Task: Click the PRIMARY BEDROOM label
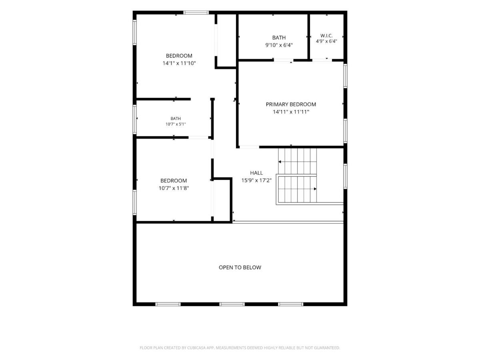pos(291,104)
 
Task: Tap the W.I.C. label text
pos(326,36)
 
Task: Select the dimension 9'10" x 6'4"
pos(279,45)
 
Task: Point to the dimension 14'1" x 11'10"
pos(179,63)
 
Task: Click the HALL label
pos(256,173)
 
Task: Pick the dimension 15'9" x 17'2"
pos(256,180)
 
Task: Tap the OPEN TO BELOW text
pos(240,267)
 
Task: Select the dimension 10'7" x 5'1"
pos(175,124)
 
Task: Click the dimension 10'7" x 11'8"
pos(174,188)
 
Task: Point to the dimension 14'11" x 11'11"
pos(291,112)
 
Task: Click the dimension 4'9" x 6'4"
pos(326,41)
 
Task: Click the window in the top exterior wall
pos(196,12)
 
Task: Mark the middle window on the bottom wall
pos(232,304)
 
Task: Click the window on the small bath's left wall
pos(135,119)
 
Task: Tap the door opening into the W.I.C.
pos(322,60)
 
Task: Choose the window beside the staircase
pos(345,176)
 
